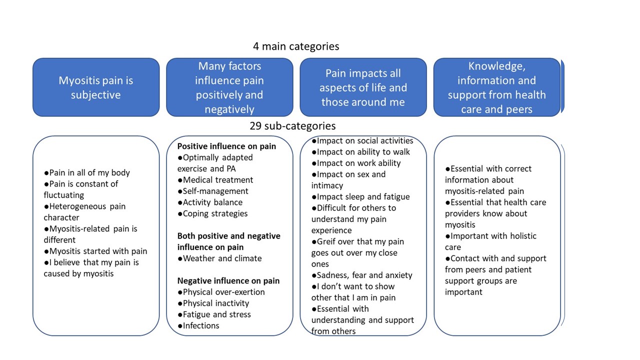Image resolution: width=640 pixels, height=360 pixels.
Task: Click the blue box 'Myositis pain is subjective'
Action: (x=96, y=87)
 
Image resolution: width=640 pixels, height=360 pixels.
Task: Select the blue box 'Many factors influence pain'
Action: (x=229, y=87)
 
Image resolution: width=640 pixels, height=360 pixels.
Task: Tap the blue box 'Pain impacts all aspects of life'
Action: (x=363, y=87)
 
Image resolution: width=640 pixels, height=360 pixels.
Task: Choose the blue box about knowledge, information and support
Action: (x=496, y=87)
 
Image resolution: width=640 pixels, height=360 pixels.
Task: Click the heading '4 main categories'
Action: (x=296, y=46)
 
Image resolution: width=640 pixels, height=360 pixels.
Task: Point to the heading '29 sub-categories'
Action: (x=292, y=126)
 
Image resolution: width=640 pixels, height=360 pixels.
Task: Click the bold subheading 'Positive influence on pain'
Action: (x=226, y=146)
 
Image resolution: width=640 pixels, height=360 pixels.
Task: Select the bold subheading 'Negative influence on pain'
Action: (x=228, y=280)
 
